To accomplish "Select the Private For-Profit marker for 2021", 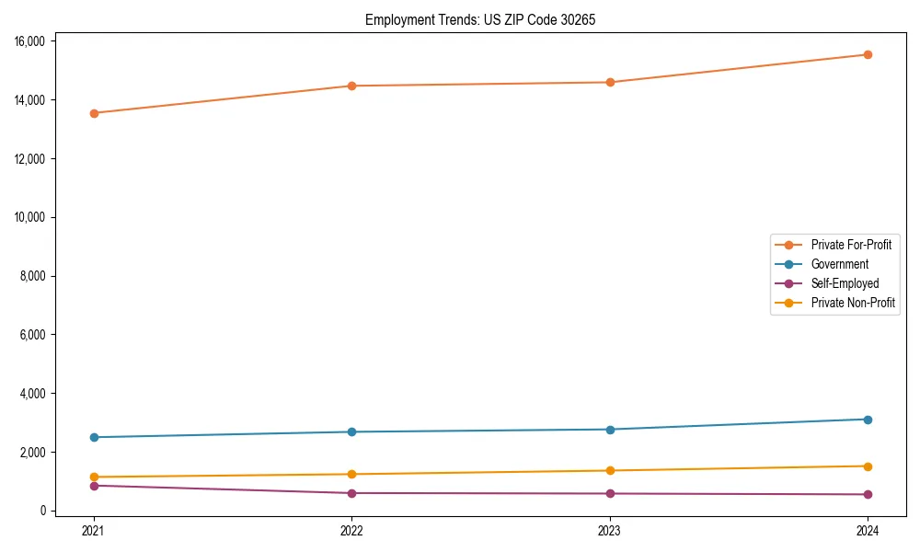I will point(93,113).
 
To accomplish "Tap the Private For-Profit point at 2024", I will point(868,54).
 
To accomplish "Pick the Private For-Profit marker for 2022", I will point(351,86).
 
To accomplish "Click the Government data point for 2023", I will point(609,430).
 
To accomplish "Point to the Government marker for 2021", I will point(93,437).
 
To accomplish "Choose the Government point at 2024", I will point(868,420).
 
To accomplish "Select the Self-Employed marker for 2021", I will point(93,486).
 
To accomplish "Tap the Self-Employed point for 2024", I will point(868,494).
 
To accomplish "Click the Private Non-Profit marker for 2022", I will point(351,474).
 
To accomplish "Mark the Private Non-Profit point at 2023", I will point(609,470).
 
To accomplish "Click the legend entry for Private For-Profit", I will point(850,245).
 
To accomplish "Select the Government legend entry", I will point(839,264).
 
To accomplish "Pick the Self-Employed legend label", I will point(845,283).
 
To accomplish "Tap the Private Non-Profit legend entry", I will point(853,303).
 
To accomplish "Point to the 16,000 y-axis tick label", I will point(32,41).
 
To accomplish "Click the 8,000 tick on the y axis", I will point(35,276).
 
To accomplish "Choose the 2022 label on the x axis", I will point(351,530).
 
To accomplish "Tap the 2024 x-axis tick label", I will point(868,530).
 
